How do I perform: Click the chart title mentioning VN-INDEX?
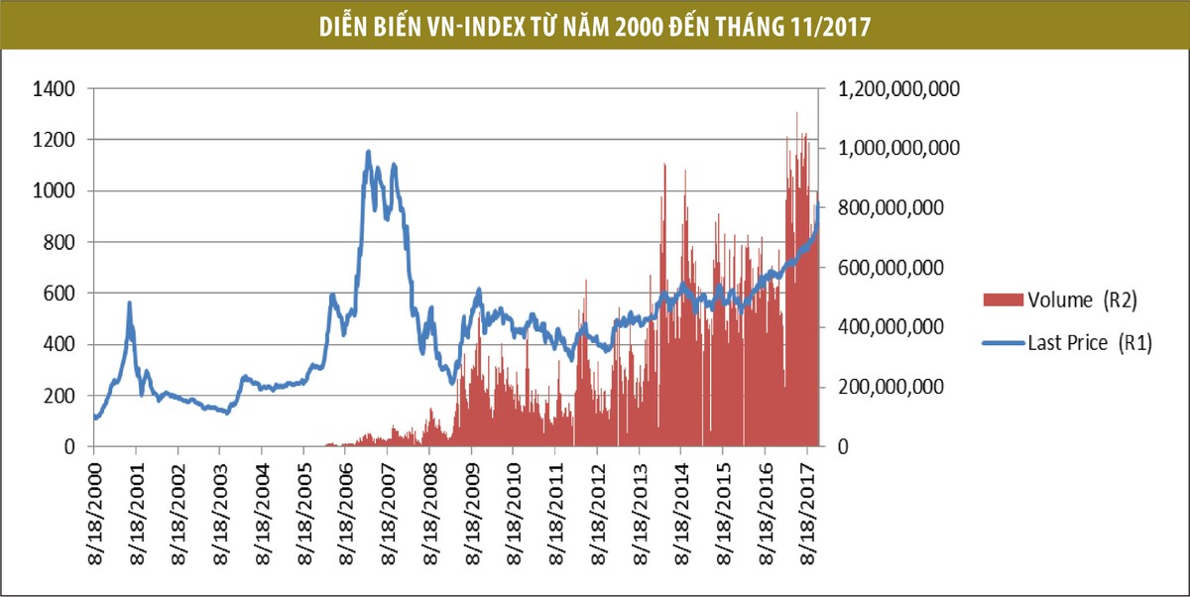coord(594,26)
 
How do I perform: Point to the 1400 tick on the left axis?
coord(55,89)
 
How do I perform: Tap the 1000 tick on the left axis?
coord(55,191)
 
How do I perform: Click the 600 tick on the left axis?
coord(59,294)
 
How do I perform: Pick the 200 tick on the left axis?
coord(59,396)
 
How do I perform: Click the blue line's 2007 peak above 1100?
coord(368,152)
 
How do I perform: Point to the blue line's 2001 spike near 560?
coord(129,302)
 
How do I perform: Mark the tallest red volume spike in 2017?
coord(796,113)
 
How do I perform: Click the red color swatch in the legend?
coord(1001,299)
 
